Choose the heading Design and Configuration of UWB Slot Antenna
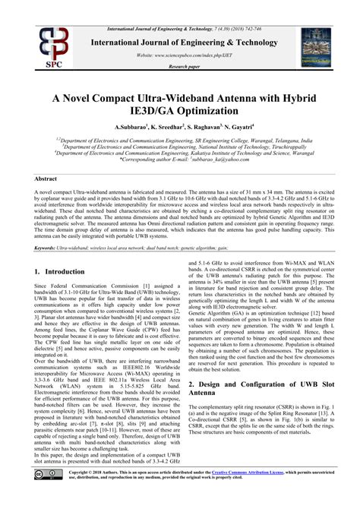(x=258, y=411)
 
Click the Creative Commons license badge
(x=44, y=495)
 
